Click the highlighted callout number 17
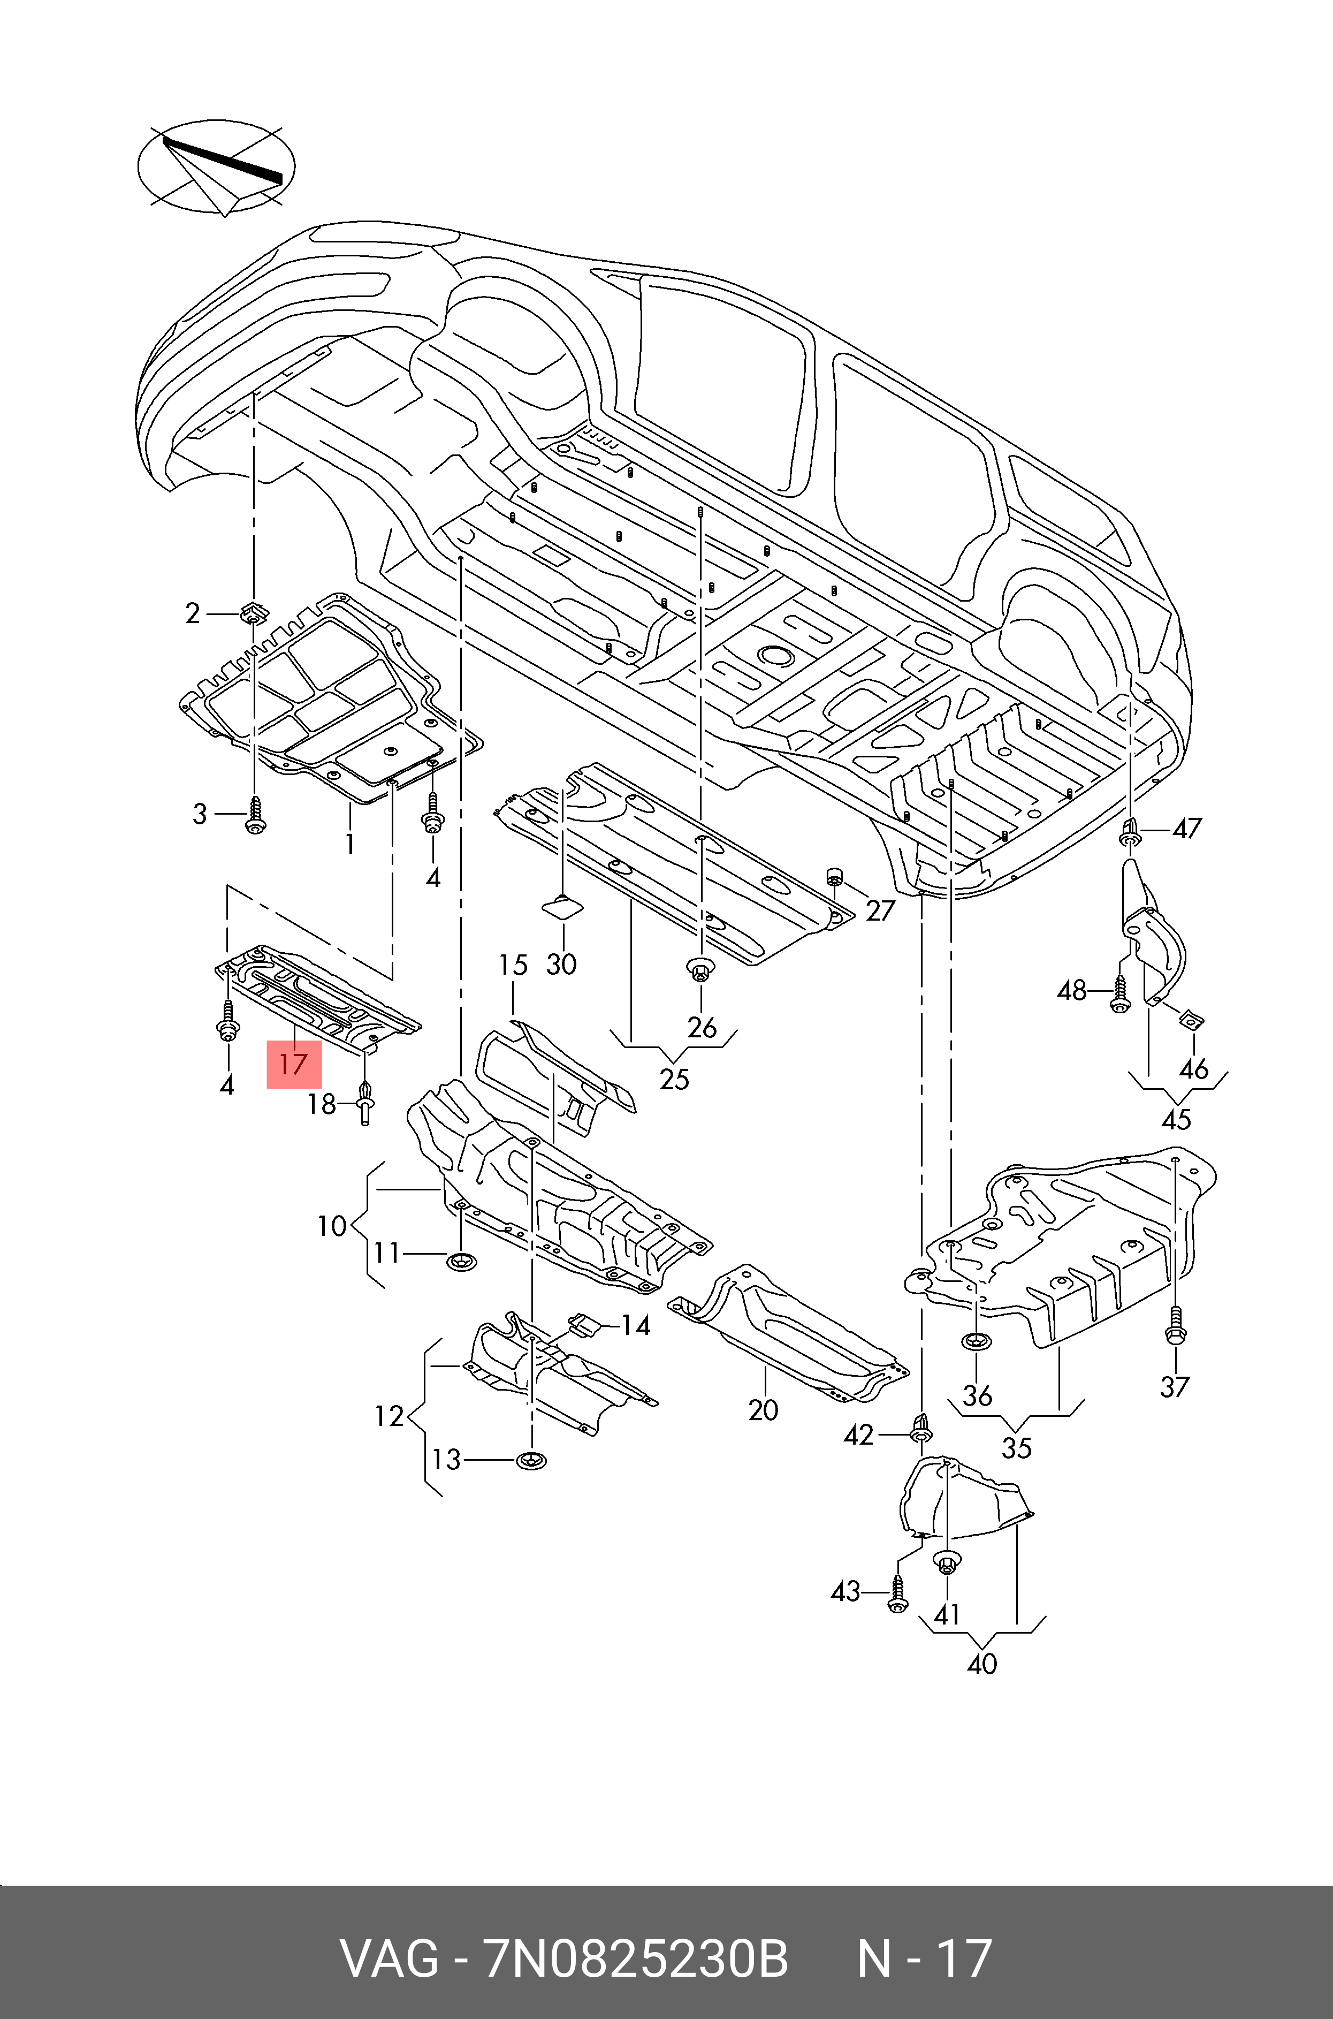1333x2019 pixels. click(x=294, y=1064)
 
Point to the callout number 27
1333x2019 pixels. click(x=881, y=910)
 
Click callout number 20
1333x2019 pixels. click(x=764, y=1410)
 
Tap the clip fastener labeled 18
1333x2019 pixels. click(x=365, y=1102)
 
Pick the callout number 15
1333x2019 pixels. click(x=514, y=965)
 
